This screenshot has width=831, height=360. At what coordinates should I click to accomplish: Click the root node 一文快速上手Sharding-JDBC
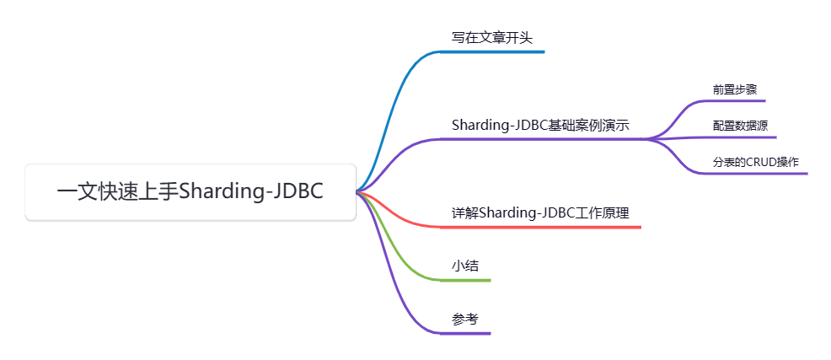(x=190, y=192)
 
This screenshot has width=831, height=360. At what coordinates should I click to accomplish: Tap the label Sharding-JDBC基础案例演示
(x=540, y=125)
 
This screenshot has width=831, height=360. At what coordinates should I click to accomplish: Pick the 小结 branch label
(x=465, y=266)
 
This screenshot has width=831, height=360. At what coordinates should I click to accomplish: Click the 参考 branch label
(x=465, y=320)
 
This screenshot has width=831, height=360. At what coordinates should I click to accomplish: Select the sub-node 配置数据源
(x=740, y=126)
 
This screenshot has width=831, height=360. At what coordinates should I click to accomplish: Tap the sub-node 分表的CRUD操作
(x=756, y=162)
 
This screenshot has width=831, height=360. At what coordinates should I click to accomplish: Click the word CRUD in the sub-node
(x=762, y=162)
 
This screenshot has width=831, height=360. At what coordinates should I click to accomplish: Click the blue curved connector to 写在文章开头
(x=396, y=101)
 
